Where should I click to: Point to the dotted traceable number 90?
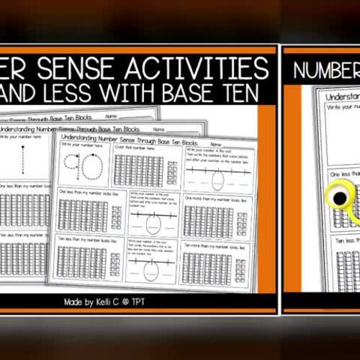click(x=84, y=168)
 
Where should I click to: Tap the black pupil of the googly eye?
click(x=338, y=197)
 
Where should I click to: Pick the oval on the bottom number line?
click(x=150, y=269)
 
